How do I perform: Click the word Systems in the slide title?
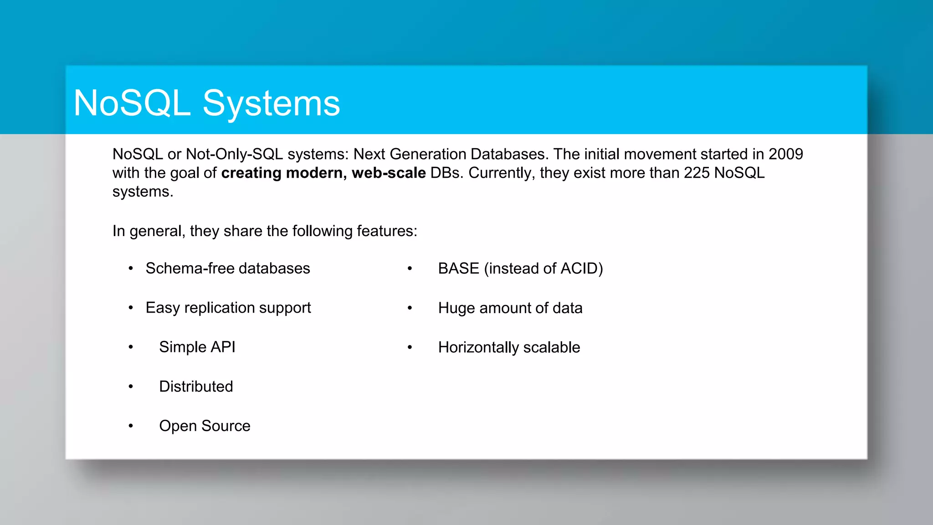tap(271, 104)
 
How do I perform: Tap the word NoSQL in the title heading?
tap(132, 103)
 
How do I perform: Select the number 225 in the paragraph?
tap(697, 173)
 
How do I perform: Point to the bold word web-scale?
tap(389, 173)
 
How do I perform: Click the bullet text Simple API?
tap(197, 347)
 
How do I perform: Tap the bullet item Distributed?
tap(196, 386)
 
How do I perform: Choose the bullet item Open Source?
tap(205, 426)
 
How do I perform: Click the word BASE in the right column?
tap(458, 268)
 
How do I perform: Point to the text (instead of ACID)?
tap(543, 268)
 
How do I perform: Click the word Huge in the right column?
tap(456, 308)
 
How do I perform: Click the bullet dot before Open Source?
tap(131, 426)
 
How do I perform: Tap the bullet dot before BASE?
tap(410, 269)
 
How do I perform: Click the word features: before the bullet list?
tap(387, 231)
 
